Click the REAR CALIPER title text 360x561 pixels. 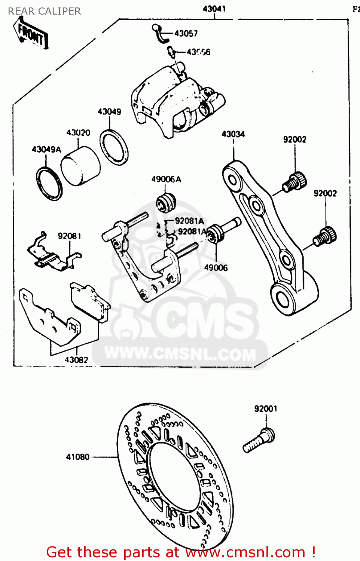[x=44, y=11]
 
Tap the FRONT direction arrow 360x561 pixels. [x=31, y=34]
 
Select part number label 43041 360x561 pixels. [x=214, y=9]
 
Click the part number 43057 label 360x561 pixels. [x=186, y=34]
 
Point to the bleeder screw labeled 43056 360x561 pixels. [x=171, y=51]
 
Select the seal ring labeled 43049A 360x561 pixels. [x=49, y=184]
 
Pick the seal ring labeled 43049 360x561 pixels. [x=114, y=147]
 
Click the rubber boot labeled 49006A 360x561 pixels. [x=166, y=202]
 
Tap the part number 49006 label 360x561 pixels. [x=216, y=268]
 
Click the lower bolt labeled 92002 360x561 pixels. [x=325, y=236]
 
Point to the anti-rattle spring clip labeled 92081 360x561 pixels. [x=52, y=255]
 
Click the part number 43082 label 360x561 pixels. [x=76, y=360]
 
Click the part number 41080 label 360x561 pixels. [x=77, y=457]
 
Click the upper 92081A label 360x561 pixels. [x=189, y=221]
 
